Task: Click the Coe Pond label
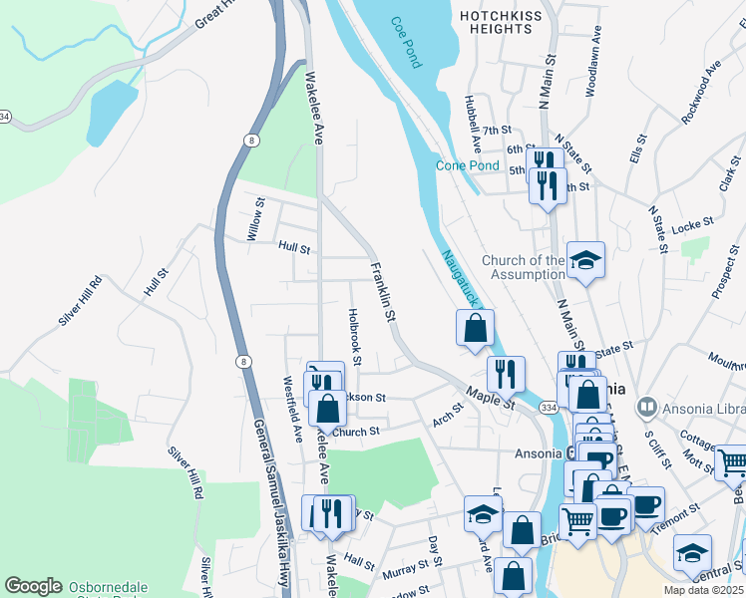406,43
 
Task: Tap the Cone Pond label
467,165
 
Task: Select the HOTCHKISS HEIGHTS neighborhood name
496,23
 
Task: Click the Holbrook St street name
353,335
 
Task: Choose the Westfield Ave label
293,408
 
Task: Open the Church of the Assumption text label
523,267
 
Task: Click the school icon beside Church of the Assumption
586,259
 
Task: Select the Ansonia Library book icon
647,407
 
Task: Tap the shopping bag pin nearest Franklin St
476,327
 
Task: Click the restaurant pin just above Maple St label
507,373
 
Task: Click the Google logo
33,585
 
